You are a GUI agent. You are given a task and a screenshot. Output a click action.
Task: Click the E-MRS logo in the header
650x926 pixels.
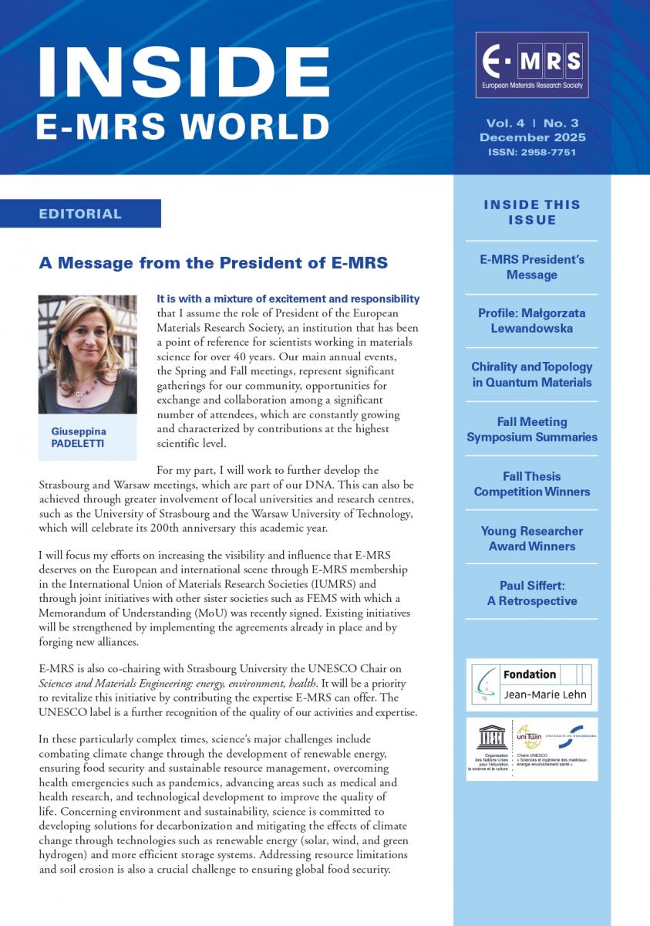(x=531, y=65)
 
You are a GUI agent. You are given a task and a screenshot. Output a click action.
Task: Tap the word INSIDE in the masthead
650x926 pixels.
(x=183, y=72)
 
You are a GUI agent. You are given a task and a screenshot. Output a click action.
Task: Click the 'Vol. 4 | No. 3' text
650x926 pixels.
(x=532, y=123)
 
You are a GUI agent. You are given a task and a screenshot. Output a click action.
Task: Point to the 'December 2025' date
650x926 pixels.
(x=532, y=137)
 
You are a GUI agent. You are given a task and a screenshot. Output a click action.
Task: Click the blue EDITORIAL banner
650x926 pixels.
(x=80, y=214)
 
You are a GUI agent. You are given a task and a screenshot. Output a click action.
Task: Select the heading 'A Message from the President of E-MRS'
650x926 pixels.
(x=214, y=263)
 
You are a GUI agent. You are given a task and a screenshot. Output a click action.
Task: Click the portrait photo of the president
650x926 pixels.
(x=87, y=354)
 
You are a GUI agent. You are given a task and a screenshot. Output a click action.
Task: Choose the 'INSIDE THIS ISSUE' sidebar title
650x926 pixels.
(x=532, y=212)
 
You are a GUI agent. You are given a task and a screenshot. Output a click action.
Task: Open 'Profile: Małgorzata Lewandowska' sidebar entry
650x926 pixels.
(x=532, y=321)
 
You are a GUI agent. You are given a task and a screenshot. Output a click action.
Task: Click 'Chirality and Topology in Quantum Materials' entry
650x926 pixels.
(x=532, y=375)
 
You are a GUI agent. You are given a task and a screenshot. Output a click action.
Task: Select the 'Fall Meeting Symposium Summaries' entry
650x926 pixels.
(x=532, y=430)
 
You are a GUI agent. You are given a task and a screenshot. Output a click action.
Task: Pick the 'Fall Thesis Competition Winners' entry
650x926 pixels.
(x=532, y=484)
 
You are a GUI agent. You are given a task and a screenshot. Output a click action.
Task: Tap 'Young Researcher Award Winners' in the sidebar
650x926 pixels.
(x=532, y=539)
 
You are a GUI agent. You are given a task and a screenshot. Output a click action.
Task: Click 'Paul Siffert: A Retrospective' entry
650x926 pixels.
(x=532, y=593)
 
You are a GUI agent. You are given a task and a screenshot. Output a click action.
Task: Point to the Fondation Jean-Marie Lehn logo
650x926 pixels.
(x=531, y=684)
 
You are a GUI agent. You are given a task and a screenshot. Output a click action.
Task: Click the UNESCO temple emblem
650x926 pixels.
(x=490, y=738)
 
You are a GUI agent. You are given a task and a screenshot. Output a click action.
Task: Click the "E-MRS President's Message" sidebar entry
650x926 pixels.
(x=532, y=267)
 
